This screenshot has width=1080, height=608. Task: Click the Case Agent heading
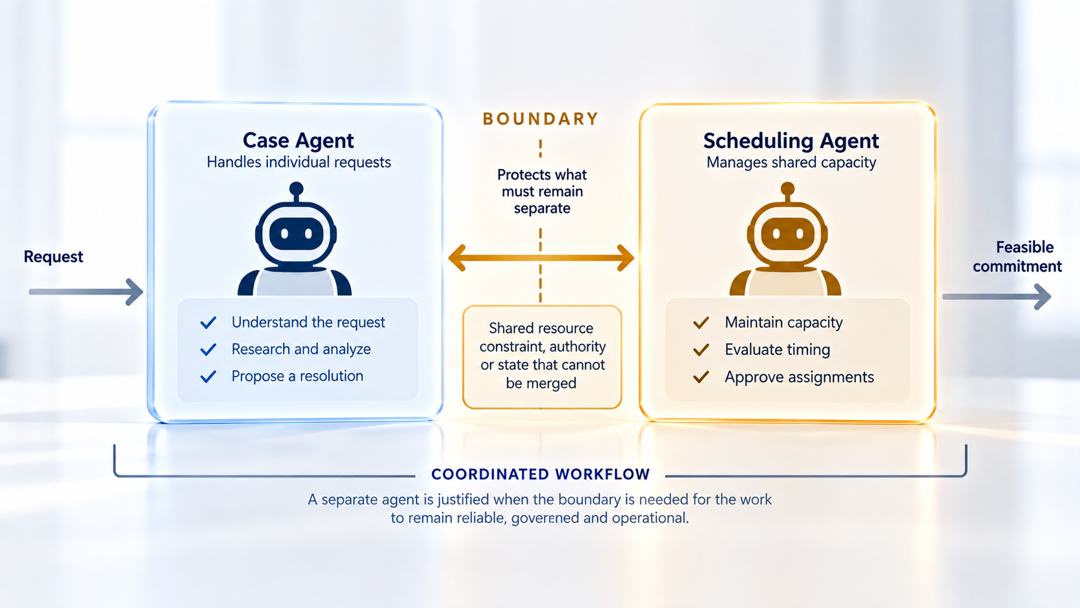[x=298, y=141]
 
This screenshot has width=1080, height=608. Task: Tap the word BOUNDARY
[x=541, y=119]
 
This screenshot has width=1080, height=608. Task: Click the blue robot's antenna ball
[x=296, y=189]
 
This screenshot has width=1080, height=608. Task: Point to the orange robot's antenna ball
[x=787, y=189]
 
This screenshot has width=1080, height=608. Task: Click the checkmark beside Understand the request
[x=208, y=322]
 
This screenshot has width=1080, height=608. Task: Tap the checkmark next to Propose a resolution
[x=208, y=377]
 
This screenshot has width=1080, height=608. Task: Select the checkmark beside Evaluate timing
[x=701, y=350]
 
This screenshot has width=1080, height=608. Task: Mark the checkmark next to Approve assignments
[x=701, y=377]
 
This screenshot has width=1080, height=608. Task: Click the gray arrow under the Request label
[x=86, y=291]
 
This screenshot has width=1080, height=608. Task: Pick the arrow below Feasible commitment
[x=997, y=297]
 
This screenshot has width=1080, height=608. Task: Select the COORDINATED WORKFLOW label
[x=541, y=474]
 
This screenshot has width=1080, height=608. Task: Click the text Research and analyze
[x=301, y=349]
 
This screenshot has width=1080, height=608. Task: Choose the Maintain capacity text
[x=784, y=322]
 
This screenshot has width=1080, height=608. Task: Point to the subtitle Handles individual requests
[x=298, y=162]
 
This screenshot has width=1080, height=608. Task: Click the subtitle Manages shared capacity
[x=791, y=162]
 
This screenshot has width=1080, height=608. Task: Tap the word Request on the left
[x=54, y=257]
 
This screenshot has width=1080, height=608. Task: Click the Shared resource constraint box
[x=542, y=357]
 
